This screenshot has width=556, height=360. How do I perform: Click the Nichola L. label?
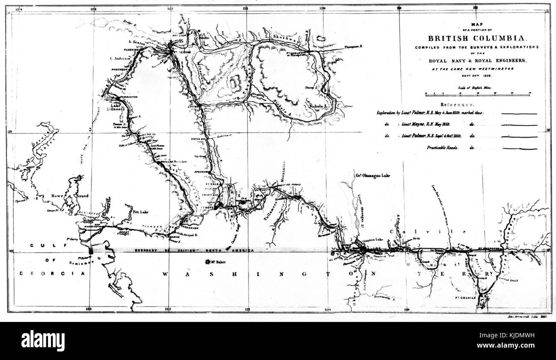click(317, 104)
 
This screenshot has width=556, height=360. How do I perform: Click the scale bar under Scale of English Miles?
click(477, 93)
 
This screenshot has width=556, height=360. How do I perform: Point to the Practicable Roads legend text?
click(444, 148)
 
